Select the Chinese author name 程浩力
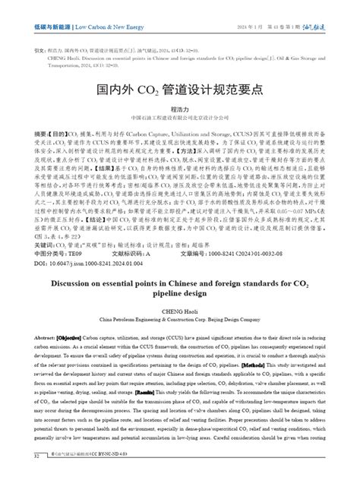[179, 109]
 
